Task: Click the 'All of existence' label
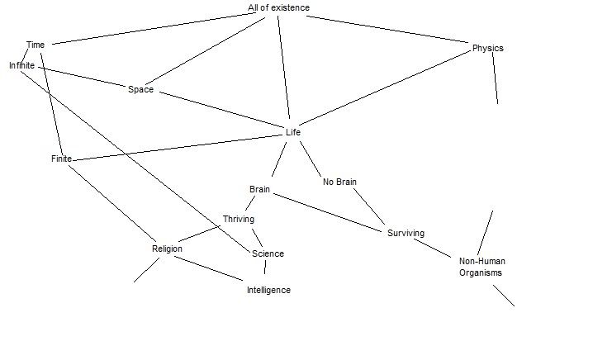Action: pos(279,8)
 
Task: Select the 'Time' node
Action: pos(36,45)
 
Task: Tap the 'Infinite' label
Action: pos(22,64)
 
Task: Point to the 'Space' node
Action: pos(140,89)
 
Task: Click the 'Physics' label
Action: pos(487,48)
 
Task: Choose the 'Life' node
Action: pos(293,132)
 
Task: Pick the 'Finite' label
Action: pos(61,159)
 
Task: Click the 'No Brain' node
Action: pos(339,182)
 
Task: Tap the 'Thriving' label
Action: pos(238,219)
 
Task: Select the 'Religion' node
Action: pos(167,249)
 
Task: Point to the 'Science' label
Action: pos(268,253)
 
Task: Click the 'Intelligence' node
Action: pos(268,290)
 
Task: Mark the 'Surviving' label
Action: pos(406,233)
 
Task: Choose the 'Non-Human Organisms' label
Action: pos(482,267)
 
